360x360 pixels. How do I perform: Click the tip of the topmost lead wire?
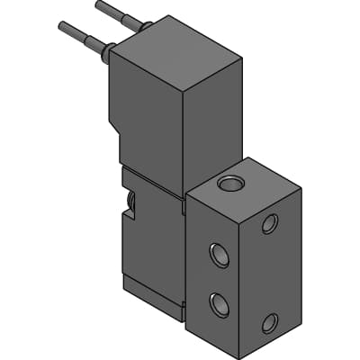97,5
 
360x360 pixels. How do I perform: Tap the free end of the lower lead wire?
60,26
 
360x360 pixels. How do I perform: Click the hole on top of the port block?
231,184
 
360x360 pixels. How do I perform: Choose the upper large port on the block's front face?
219,256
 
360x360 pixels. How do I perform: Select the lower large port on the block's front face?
219,304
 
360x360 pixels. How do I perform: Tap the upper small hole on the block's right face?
269,223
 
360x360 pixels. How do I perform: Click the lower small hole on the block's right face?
269,322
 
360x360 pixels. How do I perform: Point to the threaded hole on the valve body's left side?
131,202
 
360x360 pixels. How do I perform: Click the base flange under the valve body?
153,292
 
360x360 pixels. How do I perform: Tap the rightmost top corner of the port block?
300,188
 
